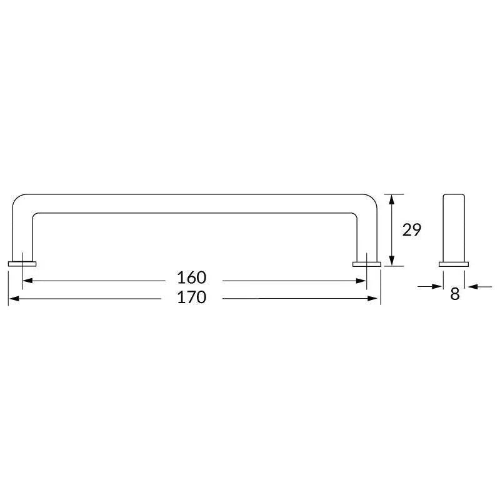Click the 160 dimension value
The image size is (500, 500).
coord(191,277)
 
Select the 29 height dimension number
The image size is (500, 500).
coord(411,230)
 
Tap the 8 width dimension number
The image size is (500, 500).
coord(454,294)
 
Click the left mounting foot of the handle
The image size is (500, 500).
coord(22,264)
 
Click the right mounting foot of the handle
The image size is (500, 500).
coord(367,264)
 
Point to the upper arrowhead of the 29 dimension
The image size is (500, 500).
coord(391,199)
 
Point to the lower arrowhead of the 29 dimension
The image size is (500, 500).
coord(391,261)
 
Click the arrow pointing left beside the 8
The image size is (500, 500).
coord(472,286)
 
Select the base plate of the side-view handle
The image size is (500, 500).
coord(454,264)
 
